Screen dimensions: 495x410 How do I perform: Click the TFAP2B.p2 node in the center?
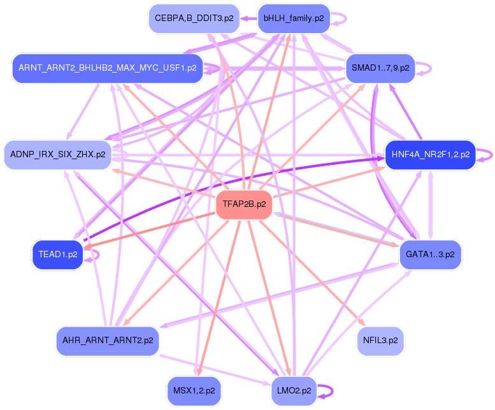click(x=244, y=204)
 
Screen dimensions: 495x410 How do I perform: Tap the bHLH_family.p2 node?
click(x=293, y=18)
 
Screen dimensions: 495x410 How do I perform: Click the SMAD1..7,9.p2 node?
click(x=380, y=67)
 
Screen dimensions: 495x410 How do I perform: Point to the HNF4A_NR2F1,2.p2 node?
click(x=431, y=154)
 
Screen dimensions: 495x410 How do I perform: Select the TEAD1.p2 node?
click(x=58, y=254)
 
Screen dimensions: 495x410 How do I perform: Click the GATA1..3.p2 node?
click(x=430, y=254)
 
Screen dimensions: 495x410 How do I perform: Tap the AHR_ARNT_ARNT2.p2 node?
click(x=107, y=341)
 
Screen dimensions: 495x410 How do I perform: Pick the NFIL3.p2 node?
click(x=380, y=341)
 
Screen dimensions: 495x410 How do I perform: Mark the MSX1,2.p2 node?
click(x=194, y=390)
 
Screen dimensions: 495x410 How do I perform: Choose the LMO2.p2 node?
click(x=294, y=390)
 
